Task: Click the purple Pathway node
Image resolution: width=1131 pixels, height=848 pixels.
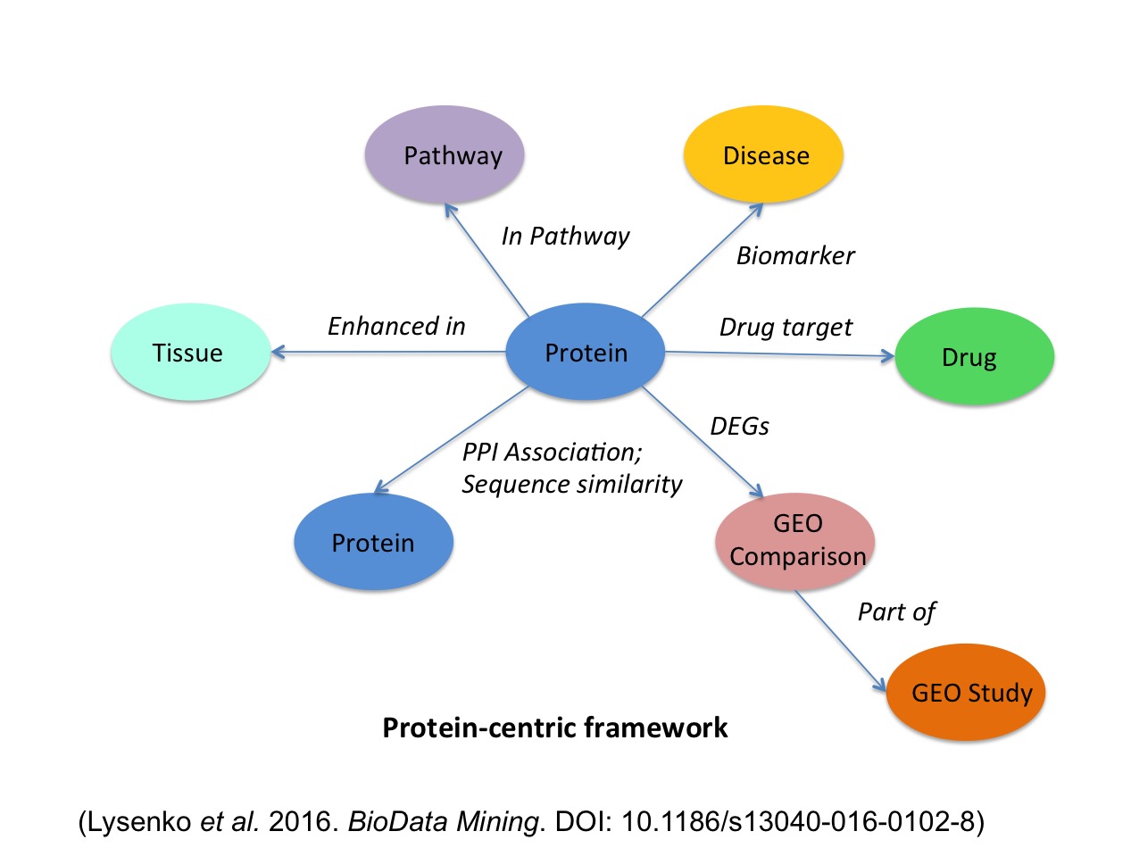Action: click(446, 155)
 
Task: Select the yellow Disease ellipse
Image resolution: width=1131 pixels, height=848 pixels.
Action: click(763, 155)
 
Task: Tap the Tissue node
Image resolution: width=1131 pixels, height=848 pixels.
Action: click(188, 353)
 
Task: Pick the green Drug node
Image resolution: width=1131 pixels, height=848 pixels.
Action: click(973, 357)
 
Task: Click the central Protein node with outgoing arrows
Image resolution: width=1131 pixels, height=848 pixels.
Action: click(586, 353)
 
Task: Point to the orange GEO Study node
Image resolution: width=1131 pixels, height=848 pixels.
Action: click(965, 693)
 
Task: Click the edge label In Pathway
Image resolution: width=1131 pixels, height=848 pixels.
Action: click(565, 237)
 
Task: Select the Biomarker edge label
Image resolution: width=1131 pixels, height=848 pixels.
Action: click(795, 256)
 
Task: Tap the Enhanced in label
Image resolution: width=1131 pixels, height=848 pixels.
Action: click(396, 327)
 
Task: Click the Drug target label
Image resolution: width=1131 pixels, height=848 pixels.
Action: click(786, 328)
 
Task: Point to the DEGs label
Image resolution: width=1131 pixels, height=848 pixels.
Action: click(740, 427)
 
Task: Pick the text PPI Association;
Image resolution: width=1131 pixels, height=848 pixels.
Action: click(551, 453)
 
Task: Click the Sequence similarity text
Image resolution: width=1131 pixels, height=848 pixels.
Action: click(572, 485)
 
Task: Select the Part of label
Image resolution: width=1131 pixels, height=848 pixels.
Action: click(896, 612)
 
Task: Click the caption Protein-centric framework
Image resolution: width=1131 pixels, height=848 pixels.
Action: click(554, 728)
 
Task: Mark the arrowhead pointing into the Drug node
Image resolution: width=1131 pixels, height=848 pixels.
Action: click(887, 356)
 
